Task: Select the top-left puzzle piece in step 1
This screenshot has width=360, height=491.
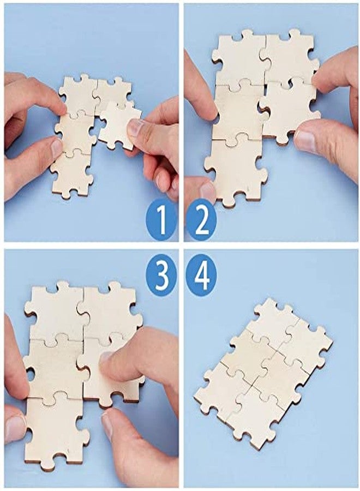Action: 77,93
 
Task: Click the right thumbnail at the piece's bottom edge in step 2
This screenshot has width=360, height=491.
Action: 305,141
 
